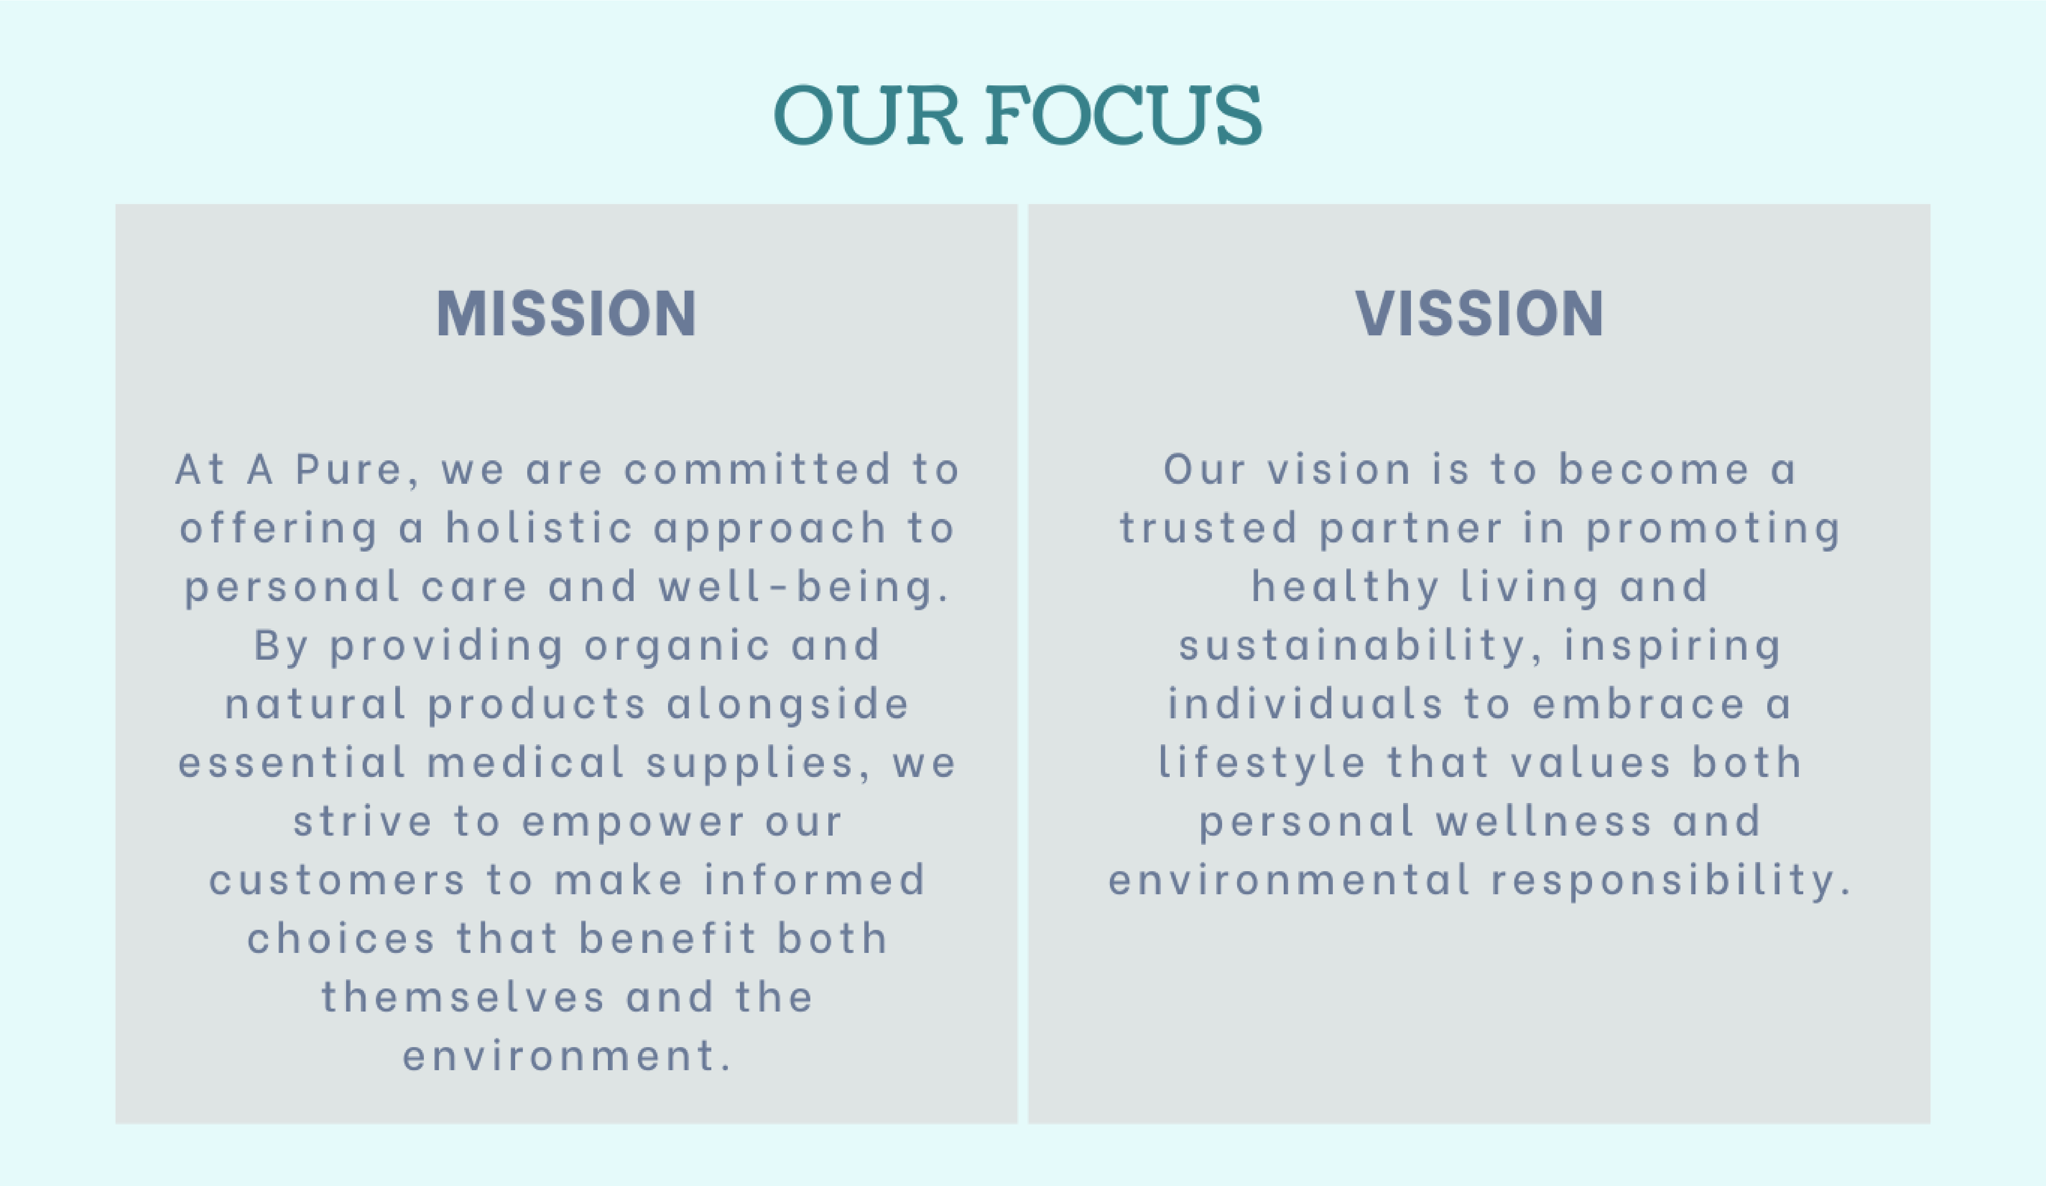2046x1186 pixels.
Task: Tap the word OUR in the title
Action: click(867, 115)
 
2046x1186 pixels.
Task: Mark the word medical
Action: click(525, 762)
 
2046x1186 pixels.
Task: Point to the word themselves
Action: click(463, 997)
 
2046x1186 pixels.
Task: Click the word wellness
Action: click(1543, 822)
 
